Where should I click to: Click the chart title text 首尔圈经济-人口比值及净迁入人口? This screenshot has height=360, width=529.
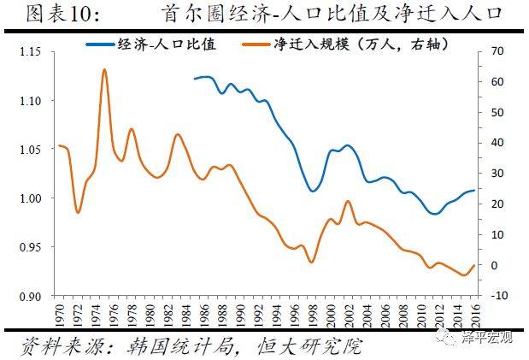tap(330, 15)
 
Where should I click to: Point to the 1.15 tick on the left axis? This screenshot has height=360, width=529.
tap(30, 52)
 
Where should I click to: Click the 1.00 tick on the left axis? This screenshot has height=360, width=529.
tap(30, 198)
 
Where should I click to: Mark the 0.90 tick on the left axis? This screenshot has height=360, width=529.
tap(30, 296)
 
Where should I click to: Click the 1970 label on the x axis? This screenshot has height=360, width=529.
tap(58, 312)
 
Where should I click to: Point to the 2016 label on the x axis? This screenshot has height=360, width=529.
tap(475, 312)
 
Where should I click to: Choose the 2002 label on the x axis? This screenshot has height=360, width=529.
tap(348, 312)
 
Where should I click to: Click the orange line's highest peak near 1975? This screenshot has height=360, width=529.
tap(104, 69)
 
